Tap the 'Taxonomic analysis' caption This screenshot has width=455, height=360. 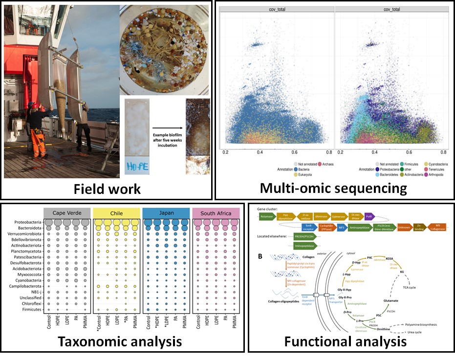pyautogui.click(x=120, y=341)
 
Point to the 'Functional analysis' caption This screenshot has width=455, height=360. pyautogui.click(x=345, y=341)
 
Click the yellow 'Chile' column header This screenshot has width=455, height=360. pyautogui.click(x=116, y=213)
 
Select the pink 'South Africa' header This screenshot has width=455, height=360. pyautogui.click(x=215, y=213)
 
